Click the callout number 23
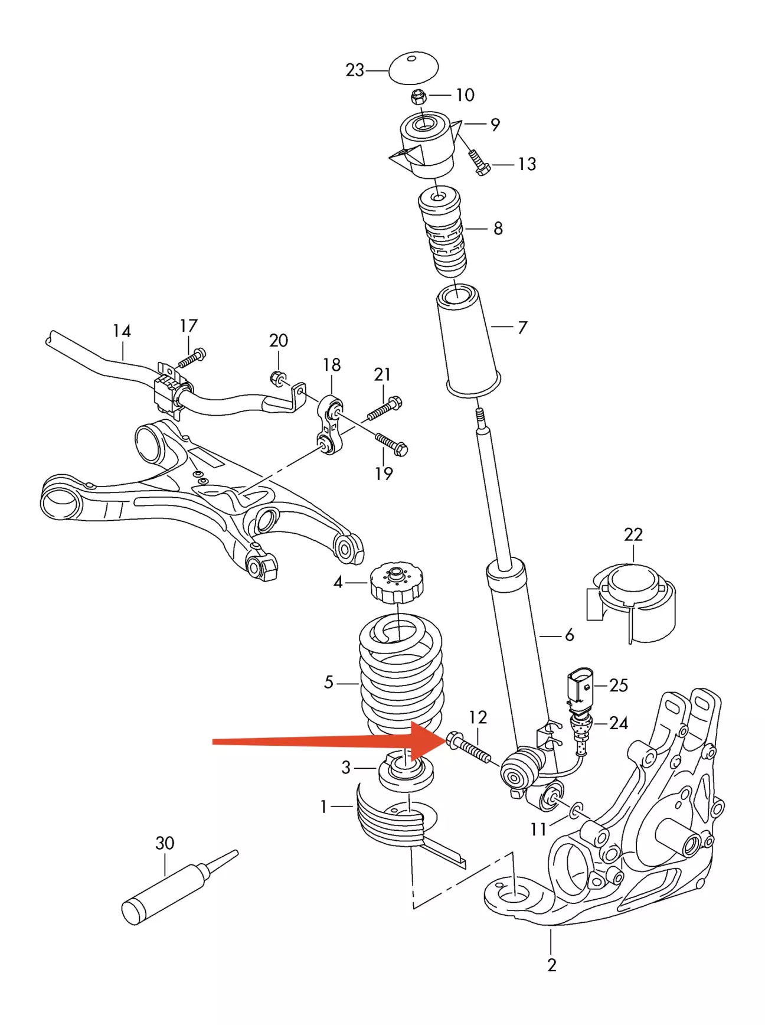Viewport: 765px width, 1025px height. pos(355,70)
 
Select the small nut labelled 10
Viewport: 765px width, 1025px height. pos(419,96)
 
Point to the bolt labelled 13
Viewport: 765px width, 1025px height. pos(479,162)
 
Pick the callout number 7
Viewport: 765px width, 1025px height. pos(522,327)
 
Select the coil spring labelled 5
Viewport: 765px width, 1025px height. pos(400,673)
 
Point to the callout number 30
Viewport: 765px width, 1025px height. pos(165,843)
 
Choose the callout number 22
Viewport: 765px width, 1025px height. pos(633,534)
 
